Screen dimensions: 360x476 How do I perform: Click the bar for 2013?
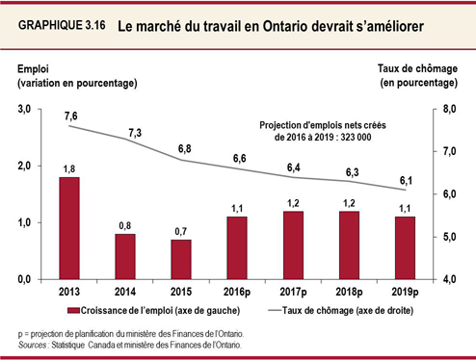click(69, 227)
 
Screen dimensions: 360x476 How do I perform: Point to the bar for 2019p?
click(405, 247)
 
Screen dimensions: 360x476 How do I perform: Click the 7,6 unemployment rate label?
click(69, 116)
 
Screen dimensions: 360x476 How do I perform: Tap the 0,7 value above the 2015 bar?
click(181, 231)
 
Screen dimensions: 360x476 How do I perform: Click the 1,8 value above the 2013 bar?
click(69, 168)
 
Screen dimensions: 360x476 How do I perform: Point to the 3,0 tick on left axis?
click(25, 110)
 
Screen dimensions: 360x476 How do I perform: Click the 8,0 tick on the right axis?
click(449, 110)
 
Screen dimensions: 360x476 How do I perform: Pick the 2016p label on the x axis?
click(237, 292)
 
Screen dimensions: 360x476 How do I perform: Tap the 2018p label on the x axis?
click(349, 292)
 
